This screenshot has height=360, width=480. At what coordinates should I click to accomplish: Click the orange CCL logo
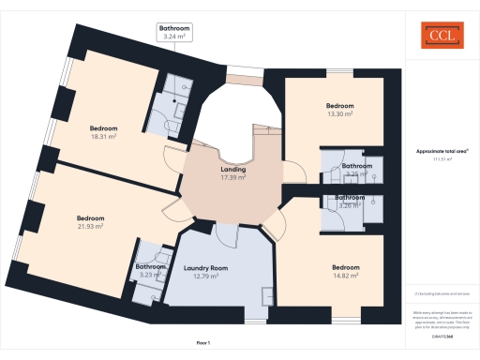point(441,37)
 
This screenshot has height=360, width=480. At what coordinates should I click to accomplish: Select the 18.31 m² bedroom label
point(103,132)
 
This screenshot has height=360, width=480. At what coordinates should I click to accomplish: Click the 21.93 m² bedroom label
point(90,222)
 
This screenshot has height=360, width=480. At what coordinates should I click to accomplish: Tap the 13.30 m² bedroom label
point(338,110)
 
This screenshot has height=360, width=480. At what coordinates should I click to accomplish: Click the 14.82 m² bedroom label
point(345,272)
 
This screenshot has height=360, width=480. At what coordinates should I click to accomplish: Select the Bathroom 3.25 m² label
point(356,170)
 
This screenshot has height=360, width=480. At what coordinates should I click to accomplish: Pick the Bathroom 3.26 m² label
point(351,201)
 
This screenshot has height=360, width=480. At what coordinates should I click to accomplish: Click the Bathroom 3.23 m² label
point(150,270)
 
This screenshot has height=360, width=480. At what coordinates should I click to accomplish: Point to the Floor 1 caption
point(202,343)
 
